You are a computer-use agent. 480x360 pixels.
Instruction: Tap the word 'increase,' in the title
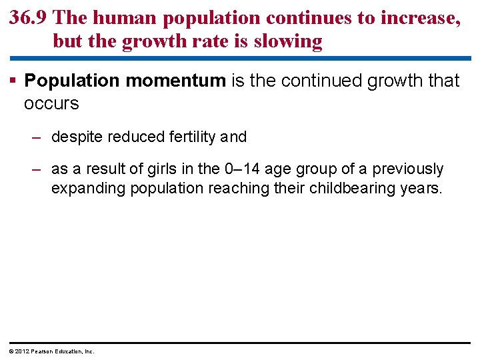(x=420, y=18)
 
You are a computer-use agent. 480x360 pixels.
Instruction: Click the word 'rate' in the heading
(x=217, y=41)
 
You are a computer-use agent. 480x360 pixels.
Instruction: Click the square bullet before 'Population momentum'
(x=14, y=81)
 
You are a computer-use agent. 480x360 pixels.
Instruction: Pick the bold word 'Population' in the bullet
(x=72, y=81)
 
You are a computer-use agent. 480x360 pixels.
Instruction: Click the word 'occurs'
(x=51, y=104)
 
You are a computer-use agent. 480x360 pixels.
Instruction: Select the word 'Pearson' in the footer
(x=43, y=351)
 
